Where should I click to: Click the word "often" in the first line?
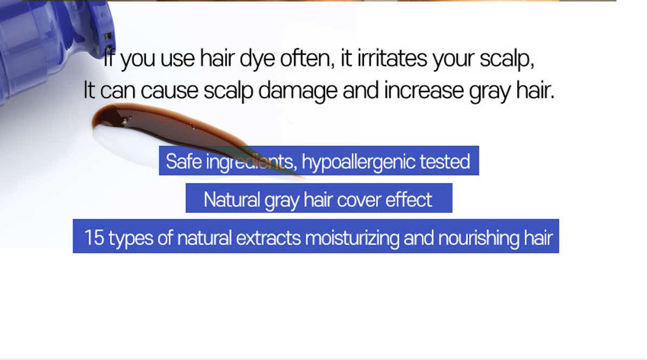[x=307, y=58]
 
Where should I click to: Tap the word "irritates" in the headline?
[x=392, y=58]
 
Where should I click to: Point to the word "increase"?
[x=424, y=90]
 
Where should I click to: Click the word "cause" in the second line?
[x=169, y=91]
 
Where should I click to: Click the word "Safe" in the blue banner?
[x=183, y=161]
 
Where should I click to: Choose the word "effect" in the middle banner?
[x=408, y=200]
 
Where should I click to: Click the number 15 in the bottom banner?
[x=94, y=238]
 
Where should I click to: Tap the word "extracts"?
[x=268, y=238]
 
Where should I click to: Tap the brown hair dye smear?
[x=182, y=132]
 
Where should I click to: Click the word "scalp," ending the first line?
[x=507, y=58]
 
